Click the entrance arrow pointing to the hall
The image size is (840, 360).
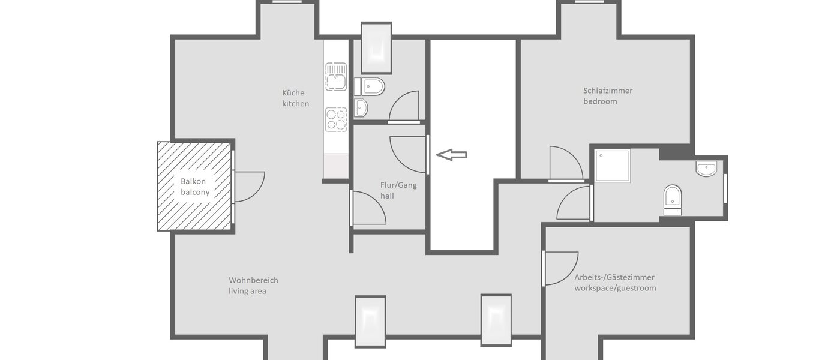[x=451, y=155]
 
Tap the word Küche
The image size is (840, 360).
[x=293, y=93]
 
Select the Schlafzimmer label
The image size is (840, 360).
[x=608, y=91]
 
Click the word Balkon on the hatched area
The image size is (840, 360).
[x=193, y=181]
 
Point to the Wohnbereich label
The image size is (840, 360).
[x=253, y=280]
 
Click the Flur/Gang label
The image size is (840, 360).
[x=398, y=185]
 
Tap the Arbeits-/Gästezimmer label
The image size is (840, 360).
[x=614, y=277]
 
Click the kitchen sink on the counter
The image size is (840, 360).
[x=336, y=76]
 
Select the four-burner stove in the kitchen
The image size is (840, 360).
[x=336, y=119]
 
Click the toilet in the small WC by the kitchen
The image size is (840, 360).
[x=370, y=87]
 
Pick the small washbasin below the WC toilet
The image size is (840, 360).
[x=361, y=108]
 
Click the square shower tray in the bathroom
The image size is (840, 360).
[x=613, y=165]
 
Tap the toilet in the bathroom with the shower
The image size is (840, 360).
[x=673, y=199]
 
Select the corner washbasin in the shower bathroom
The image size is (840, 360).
[x=708, y=169]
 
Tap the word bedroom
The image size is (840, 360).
[x=600, y=101]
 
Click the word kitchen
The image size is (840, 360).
[x=296, y=104]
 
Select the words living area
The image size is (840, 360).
[x=247, y=291]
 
